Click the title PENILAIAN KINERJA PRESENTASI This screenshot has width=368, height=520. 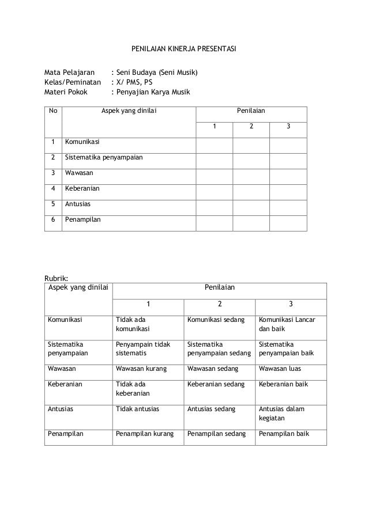pyautogui.click(x=184, y=51)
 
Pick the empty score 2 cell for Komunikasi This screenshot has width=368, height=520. pyautogui.click(x=251, y=141)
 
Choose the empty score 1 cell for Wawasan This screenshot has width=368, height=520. pyautogui.click(x=215, y=172)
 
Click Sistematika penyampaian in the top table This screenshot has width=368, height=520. pyautogui.click(x=104, y=157)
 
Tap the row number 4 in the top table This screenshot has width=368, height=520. pyautogui.click(x=53, y=188)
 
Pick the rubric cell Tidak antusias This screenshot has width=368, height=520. pyautogui.click(x=138, y=409)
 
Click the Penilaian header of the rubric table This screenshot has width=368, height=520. pyautogui.click(x=219, y=286)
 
